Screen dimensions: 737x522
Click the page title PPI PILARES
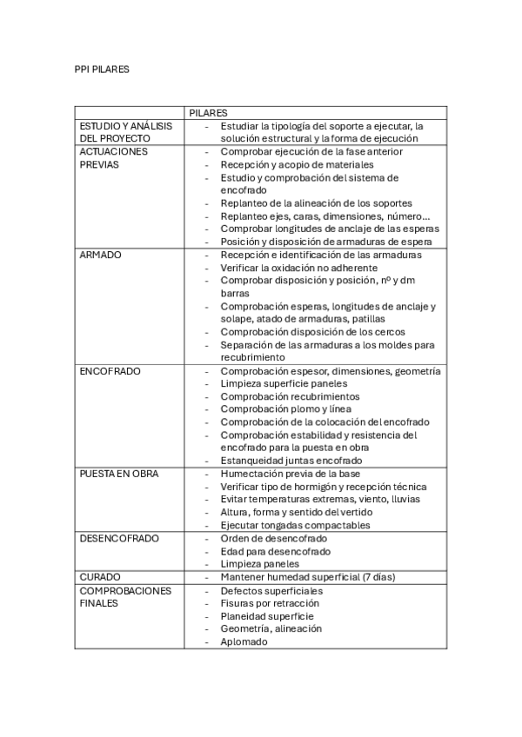102,69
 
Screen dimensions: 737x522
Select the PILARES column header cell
208,113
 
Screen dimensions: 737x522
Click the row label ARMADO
101,255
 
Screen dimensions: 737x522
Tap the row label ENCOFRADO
110,371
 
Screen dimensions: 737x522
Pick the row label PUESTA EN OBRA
119,474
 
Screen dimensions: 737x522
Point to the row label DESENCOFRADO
119,538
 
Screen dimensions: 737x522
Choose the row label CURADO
100,577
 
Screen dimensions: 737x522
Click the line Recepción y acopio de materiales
297,164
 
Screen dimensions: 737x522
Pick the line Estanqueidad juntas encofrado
291,461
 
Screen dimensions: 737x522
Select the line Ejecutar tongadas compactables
295,525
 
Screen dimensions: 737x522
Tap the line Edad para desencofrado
275,551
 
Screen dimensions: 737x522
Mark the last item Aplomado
244,641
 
